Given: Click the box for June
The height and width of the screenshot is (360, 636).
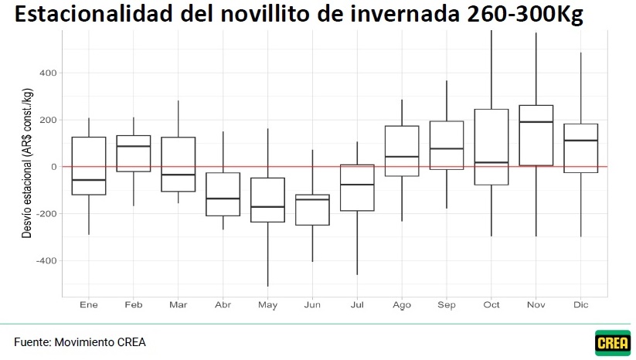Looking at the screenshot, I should [x=312, y=209].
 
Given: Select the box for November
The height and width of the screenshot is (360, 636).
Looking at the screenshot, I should [x=536, y=135].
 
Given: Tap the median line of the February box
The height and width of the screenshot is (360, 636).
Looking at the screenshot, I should [x=133, y=146].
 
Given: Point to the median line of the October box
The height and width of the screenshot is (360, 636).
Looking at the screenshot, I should [x=491, y=162].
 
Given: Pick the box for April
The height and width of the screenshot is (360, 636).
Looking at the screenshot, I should [x=223, y=194].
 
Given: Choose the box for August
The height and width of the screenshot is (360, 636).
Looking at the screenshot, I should [x=402, y=151].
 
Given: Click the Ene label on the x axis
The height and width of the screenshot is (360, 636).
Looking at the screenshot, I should [x=88, y=304].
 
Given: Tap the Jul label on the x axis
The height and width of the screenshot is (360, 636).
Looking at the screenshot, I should [x=357, y=304].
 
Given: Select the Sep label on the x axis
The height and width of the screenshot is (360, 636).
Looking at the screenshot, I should [x=447, y=304].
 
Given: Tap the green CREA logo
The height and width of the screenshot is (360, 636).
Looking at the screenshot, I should [x=612, y=342].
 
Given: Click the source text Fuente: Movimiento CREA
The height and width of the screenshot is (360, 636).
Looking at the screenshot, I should [x=80, y=342].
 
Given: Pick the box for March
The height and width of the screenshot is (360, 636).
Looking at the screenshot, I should [x=178, y=164].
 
